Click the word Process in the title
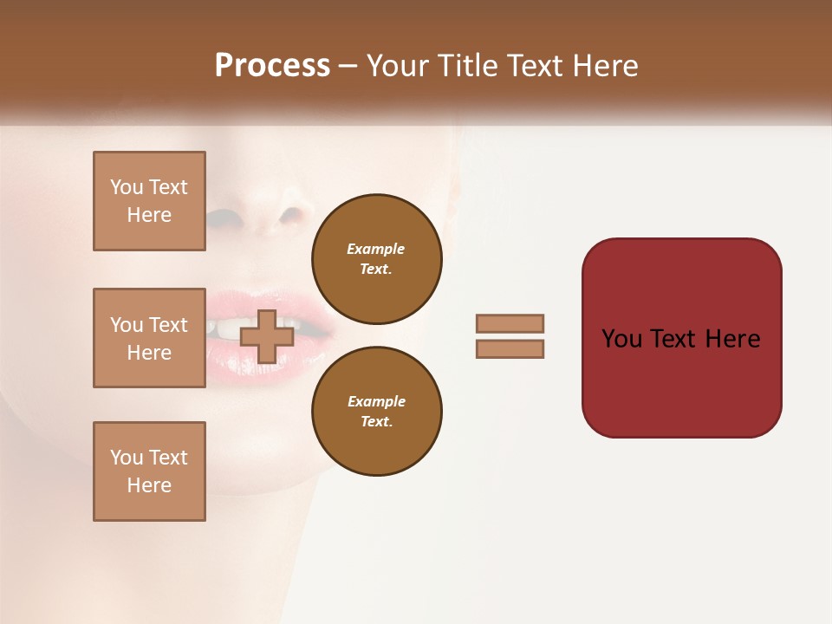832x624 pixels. click(x=272, y=66)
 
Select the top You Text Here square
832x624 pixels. click(x=149, y=201)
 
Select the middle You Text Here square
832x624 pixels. click(x=149, y=338)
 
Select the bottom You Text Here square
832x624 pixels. click(x=149, y=471)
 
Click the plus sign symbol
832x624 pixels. click(x=266, y=337)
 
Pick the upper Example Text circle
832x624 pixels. click(x=376, y=258)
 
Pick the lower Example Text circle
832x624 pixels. click(x=376, y=411)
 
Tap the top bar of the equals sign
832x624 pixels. click(x=510, y=323)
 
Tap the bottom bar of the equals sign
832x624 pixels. click(x=510, y=349)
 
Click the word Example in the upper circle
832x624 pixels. click(x=375, y=249)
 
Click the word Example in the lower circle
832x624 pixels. click(x=375, y=401)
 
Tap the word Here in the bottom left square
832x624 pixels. click(x=149, y=485)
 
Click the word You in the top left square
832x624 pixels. click(x=127, y=187)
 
